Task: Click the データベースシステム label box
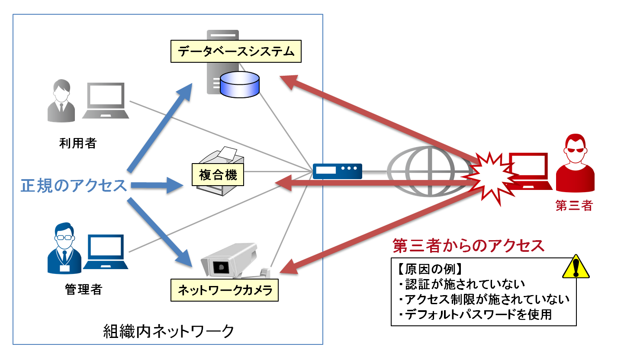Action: [x=236, y=51]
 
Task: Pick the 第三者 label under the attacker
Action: [x=574, y=206]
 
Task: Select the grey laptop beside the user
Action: [x=106, y=101]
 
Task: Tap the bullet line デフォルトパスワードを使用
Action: [x=475, y=315]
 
